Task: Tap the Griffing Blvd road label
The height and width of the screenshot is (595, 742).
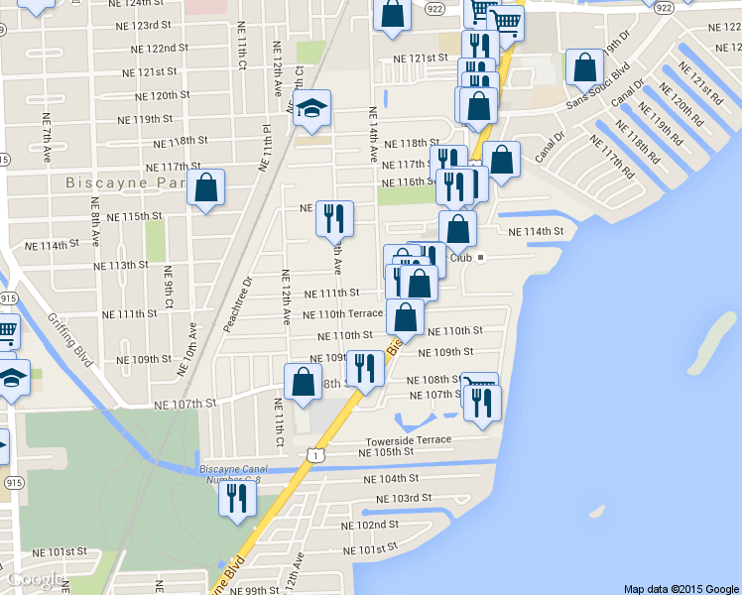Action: (69, 340)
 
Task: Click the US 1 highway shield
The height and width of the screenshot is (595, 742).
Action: (313, 453)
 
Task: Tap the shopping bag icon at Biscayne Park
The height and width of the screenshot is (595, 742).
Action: (205, 187)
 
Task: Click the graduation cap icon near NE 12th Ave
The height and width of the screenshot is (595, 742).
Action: (312, 109)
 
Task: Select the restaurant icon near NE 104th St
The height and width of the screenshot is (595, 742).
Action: (237, 497)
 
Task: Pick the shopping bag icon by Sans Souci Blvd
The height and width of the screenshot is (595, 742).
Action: (584, 67)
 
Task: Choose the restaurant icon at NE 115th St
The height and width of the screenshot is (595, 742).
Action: (334, 217)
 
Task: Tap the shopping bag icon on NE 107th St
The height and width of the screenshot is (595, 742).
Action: (303, 382)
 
